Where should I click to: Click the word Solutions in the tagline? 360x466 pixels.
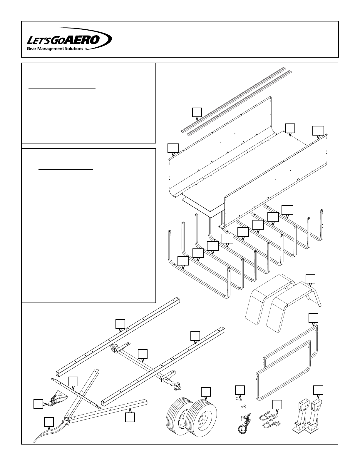pos(73,49)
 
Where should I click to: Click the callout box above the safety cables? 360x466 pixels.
pos(277,405)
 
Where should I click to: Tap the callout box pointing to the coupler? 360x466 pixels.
pos(38,404)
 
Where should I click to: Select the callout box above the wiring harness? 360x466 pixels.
pos(49,422)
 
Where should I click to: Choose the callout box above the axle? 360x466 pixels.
pos(143,354)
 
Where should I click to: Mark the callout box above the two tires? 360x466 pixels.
pos(206,392)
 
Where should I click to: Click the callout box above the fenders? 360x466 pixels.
pos(310,278)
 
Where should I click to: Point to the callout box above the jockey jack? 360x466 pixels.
pos(240,390)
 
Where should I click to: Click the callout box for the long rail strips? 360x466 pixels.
pos(197,112)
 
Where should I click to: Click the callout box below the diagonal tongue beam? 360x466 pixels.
pos(130,417)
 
